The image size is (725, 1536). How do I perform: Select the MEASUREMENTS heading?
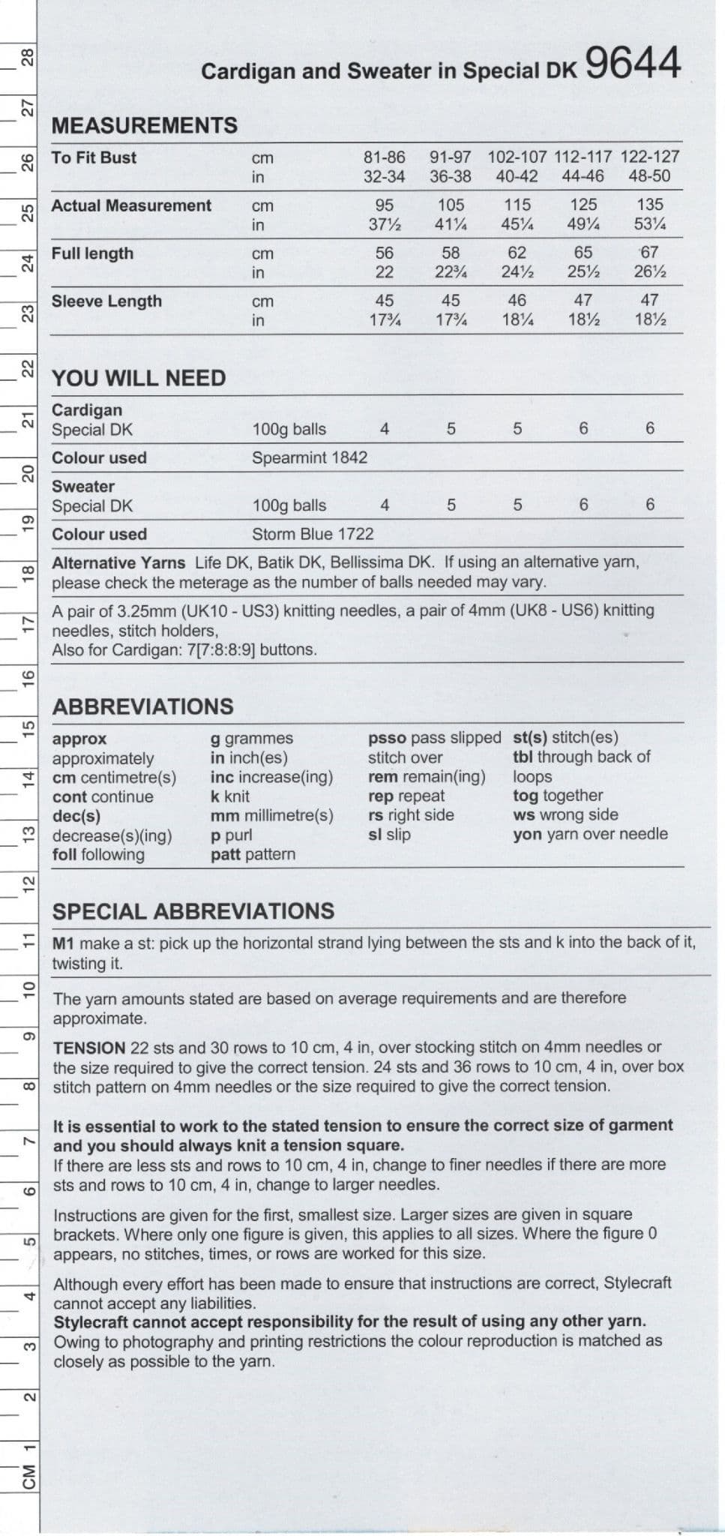tap(144, 125)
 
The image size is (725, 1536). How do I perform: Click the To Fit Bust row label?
tap(94, 157)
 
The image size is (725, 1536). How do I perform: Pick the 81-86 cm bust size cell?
tap(384, 157)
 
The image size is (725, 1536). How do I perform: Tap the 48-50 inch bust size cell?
tap(649, 176)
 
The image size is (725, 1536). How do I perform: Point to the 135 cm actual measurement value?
tap(649, 205)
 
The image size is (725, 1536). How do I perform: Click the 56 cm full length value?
tap(384, 253)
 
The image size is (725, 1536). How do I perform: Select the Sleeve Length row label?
tap(106, 301)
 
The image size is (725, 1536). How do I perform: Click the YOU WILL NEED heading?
tap(139, 378)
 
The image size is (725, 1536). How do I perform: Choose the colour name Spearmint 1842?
tap(310, 457)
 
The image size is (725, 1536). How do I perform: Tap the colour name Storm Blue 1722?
tap(313, 534)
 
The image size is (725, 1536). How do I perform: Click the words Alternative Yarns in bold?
tap(118, 562)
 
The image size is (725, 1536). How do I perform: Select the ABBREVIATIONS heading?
tap(142, 706)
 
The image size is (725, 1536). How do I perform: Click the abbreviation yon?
tap(526, 834)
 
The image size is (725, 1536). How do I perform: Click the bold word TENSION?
tap(89, 1048)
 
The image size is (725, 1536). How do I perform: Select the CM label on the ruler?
tap(28, 1477)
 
